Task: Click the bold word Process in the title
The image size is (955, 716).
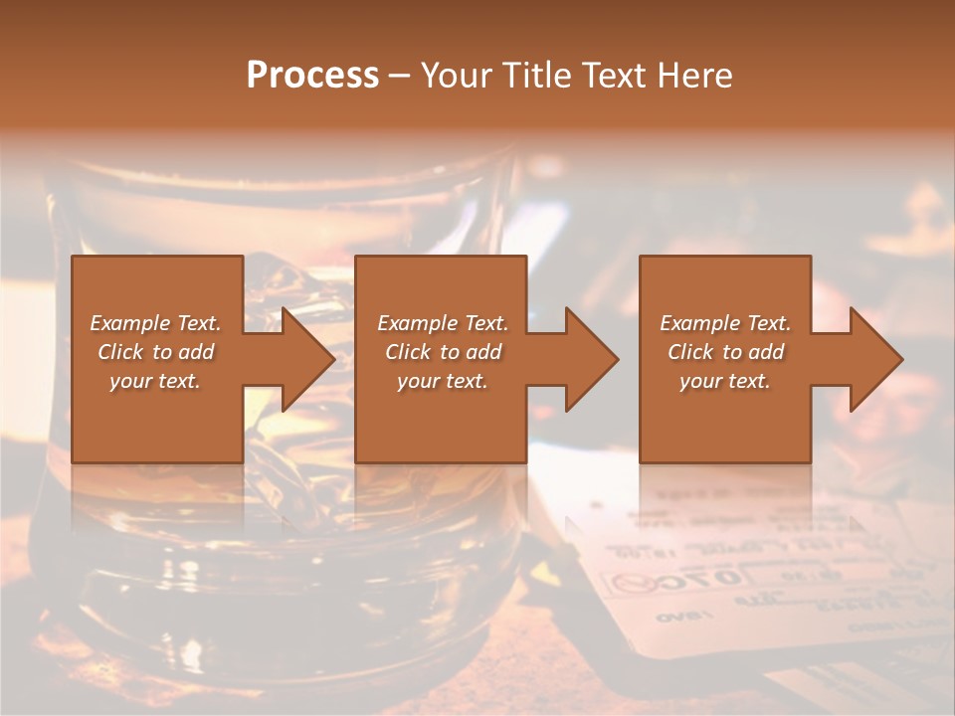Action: click(x=312, y=76)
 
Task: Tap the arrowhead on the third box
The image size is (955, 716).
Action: click(x=872, y=359)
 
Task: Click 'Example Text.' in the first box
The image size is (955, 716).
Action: click(x=156, y=323)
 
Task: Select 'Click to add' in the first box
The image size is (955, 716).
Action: click(x=156, y=352)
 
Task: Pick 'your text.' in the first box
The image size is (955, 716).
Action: click(x=156, y=381)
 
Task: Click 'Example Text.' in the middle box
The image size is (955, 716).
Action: click(x=443, y=323)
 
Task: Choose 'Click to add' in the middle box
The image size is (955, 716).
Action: click(x=443, y=352)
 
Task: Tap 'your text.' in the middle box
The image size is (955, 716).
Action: click(x=443, y=381)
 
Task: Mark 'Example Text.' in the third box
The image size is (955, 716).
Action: click(x=725, y=323)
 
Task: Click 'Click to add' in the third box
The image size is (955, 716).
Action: click(x=725, y=352)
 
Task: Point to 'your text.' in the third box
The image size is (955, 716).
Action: click(x=725, y=381)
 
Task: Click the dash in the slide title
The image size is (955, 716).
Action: click(x=400, y=76)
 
